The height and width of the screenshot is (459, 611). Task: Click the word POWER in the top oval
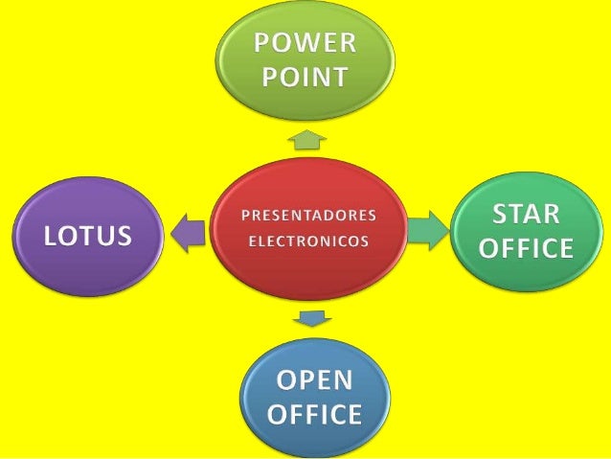pos(305,43)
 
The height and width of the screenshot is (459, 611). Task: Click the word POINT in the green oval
pos(305,77)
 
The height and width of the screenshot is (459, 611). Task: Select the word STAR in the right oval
pos(526,214)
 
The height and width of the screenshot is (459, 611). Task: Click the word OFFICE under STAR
pos(526,248)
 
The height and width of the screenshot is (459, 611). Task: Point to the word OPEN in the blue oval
pos(314,380)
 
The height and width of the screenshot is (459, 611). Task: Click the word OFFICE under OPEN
pos(314,414)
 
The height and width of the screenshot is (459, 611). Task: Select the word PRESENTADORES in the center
pos(306,214)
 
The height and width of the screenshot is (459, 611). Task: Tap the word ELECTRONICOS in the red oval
pos(306,241)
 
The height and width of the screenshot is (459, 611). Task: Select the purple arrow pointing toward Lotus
pos(188,231)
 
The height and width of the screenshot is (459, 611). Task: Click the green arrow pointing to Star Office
pos(426,229)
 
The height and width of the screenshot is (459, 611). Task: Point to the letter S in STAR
pos(501,214)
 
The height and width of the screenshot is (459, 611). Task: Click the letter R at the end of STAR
pos(554,214)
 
